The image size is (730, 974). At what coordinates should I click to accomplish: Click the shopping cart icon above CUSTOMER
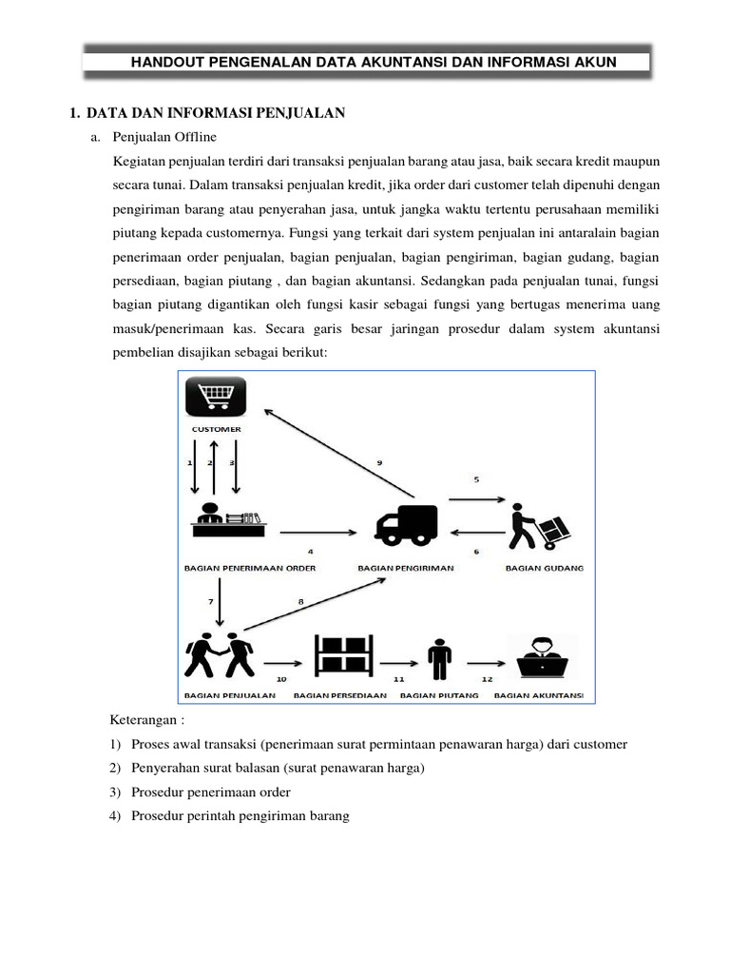point(216,397)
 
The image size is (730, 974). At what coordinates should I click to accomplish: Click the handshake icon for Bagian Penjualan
point(221,655)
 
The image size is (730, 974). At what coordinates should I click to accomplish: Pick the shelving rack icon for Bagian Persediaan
point(344,655)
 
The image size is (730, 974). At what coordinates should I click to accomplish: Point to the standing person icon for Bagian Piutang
point(440,655)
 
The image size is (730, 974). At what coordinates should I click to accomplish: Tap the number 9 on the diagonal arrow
point(378,463)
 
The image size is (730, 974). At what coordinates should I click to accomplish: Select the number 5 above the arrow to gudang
point(476,481)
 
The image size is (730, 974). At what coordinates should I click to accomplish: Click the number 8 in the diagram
point(301,601)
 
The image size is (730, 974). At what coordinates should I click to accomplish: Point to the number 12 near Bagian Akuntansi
point(487,679)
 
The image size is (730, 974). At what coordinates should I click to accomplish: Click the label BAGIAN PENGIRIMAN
point(406,568)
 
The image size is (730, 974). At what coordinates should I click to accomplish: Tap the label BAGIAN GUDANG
point(545,568)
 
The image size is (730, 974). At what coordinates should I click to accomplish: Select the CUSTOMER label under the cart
point(217,429)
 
